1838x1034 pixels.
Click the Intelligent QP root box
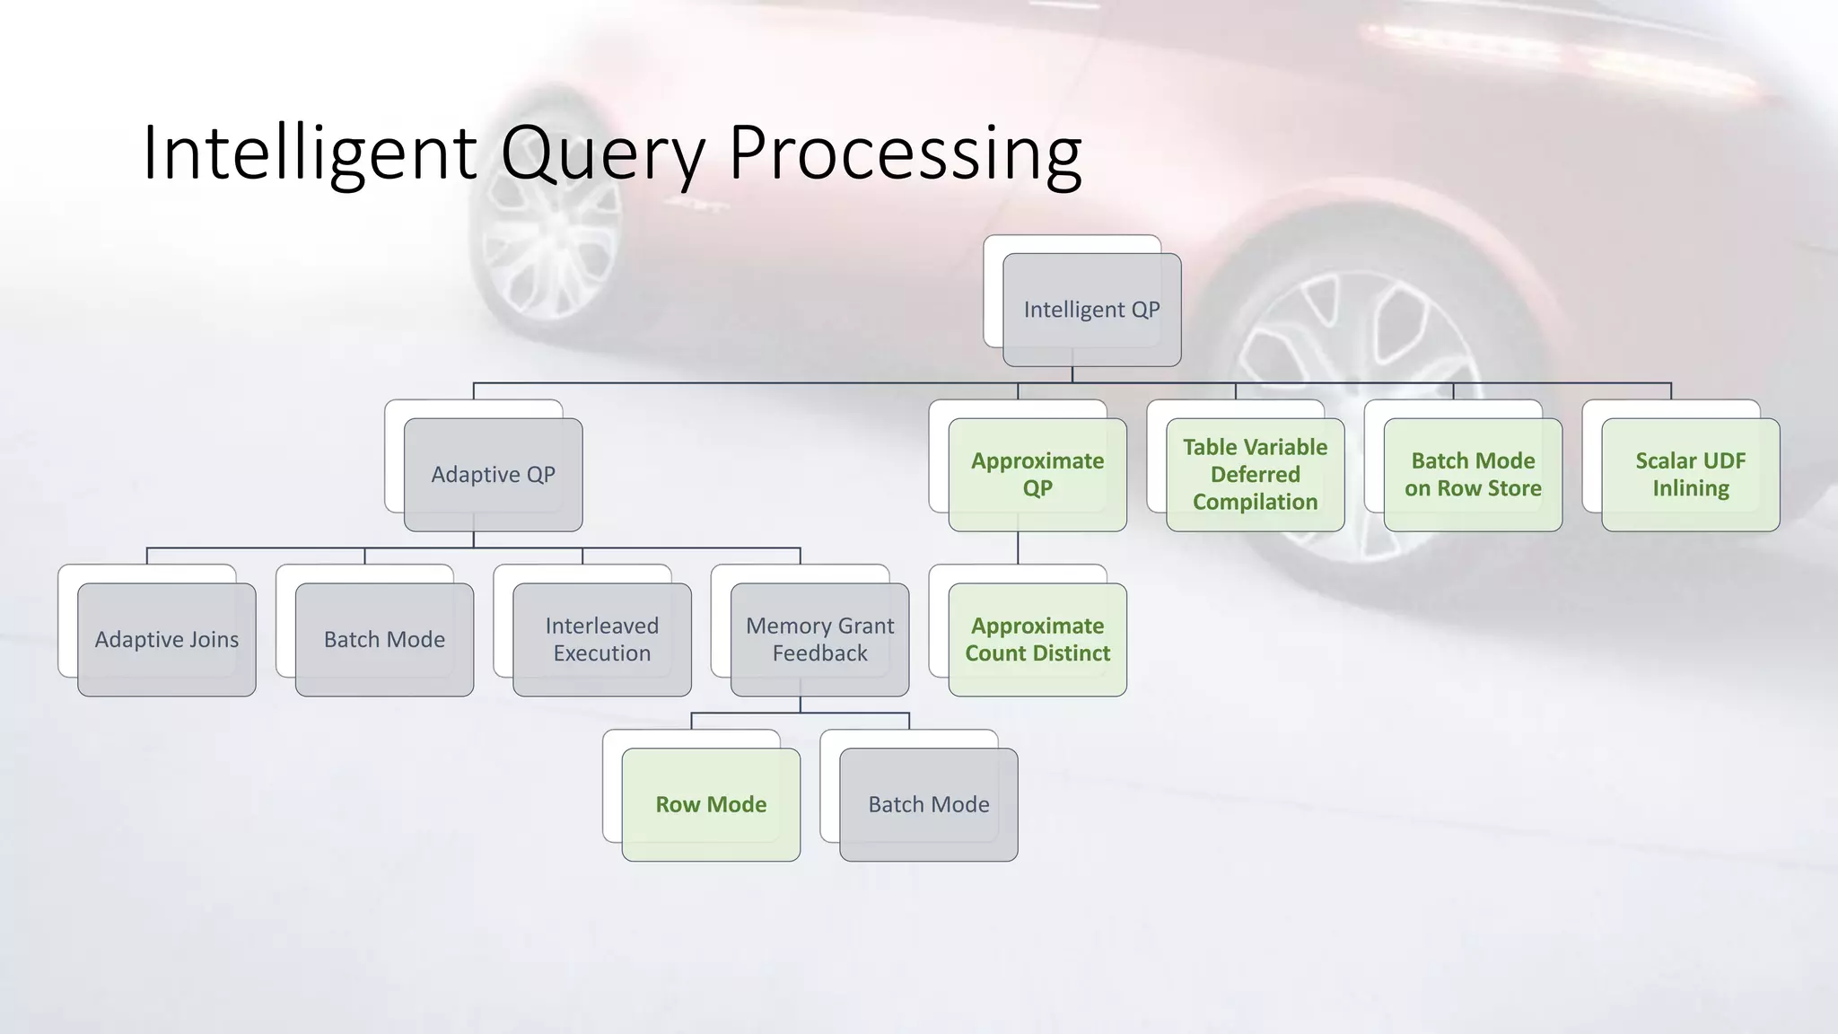(x=1091, y=310)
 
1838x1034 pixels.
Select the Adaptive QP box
(x=493, y=475)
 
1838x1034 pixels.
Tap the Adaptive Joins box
(x=167, y=640)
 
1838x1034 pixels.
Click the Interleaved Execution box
(x=602, y=640)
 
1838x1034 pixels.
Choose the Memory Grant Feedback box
(x=819, y=640)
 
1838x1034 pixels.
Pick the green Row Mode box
(x=711, y=805)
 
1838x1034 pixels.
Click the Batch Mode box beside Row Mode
(x=929, y=805)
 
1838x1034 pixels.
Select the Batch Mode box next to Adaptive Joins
(x=384, y=640)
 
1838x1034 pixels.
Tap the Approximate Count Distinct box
(x=1037, y=640)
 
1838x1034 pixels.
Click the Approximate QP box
(x=1037, y=475)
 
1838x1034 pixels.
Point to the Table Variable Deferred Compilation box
(x=1255, y=475)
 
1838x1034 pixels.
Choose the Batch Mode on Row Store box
(x=1473, y=475)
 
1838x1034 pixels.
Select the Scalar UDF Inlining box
(x=1690, y=475)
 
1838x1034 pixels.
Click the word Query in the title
(x=603, y=154)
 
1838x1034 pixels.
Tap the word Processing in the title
(x=905, y=154)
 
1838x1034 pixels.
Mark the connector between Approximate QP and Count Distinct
(x=1018, y=548)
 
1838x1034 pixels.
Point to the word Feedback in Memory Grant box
(x=819, y=653)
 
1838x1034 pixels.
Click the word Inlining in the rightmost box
(x=1691, y=488)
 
